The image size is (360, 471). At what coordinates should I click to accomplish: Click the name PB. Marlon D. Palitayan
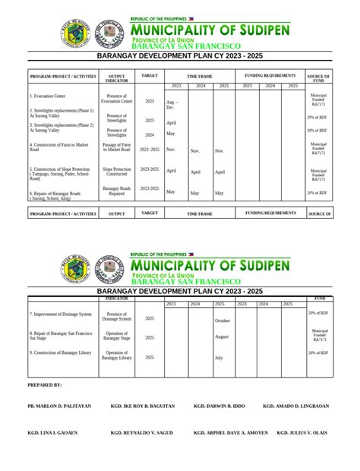pos(59,406)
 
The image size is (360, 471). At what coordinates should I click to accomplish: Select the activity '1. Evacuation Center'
pos(48,96)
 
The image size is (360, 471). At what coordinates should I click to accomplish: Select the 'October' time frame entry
pos(223,321)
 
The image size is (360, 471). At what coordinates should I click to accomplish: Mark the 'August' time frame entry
pos(222,336)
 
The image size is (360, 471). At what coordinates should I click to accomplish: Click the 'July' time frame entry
pos(219,357)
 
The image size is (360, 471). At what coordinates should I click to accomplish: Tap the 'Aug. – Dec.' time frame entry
pos(172,105)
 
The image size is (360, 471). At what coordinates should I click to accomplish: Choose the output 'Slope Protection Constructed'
pos(117,172)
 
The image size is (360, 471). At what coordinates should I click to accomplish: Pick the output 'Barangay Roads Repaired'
pos(117,191)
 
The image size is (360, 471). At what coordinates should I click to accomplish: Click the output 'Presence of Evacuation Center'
pos(117,98)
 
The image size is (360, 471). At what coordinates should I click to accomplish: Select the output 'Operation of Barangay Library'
pos(117,355)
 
